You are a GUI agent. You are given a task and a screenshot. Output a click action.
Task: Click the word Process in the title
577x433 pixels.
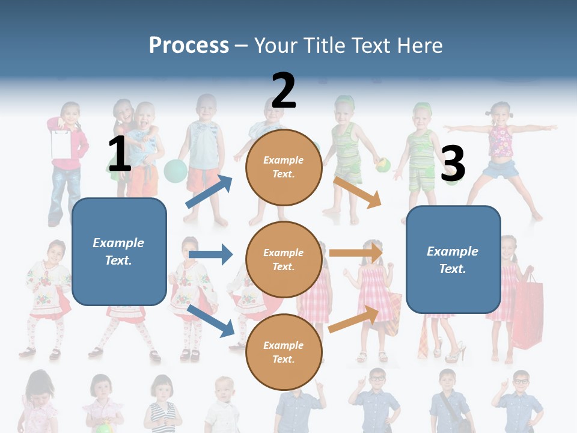pos(189,45)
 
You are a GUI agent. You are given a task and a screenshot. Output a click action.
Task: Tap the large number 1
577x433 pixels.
pos(120,154)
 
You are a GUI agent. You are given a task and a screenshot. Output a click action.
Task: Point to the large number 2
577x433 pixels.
pos(284,90)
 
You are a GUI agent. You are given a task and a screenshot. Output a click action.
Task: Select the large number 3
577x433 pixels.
pos(453,164)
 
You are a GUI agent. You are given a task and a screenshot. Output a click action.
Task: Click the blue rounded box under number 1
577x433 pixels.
pos(119,251)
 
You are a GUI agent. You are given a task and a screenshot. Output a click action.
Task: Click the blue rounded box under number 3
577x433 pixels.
pos(453,259)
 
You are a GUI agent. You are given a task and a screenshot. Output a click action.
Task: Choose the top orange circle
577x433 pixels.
pos(284,167)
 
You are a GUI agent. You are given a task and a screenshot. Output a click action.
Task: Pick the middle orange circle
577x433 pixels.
pos(284,259)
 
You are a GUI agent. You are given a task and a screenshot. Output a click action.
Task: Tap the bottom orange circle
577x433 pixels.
pos(284,352)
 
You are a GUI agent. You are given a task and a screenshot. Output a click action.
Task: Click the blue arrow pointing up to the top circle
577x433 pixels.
pos(209,192)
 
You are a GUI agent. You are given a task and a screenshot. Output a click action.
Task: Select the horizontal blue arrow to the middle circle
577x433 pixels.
pos(210,254)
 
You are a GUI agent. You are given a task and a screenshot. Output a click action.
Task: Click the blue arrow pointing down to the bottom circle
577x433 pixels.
pos(210,321)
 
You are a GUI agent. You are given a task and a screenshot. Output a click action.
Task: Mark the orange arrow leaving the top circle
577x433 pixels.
pos(358,192)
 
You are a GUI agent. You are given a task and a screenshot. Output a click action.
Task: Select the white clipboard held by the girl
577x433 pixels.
pos(61,143)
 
